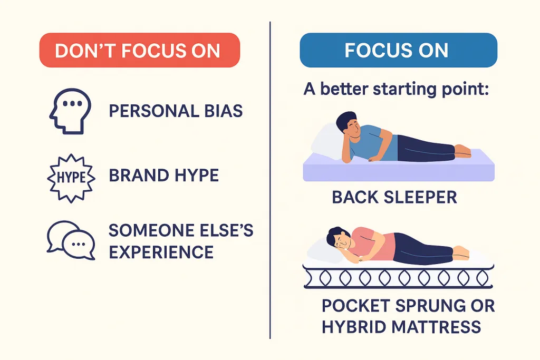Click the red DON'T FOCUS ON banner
(139, 51)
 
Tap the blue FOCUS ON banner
(398, 51)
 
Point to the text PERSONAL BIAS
(176, 111)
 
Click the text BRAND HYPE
(163, 175)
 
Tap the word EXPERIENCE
(161, 251)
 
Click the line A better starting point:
(397, 88)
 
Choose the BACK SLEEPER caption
(394, 197)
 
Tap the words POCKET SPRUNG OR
(408, 306)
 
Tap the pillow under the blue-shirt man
(327, 140)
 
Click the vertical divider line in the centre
(270, 179)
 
